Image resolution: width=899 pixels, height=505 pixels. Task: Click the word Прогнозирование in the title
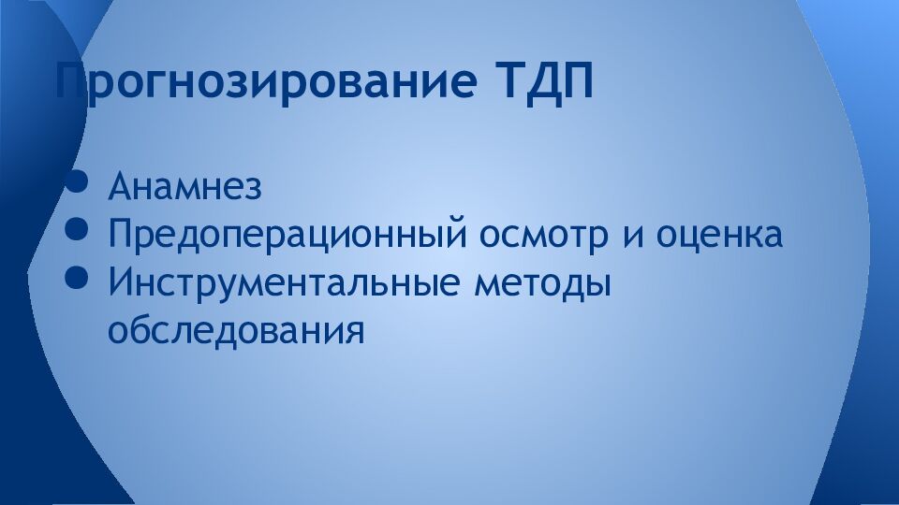click(x=265, y=83)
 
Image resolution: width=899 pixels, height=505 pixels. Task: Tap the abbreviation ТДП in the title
click(x=541, y=81)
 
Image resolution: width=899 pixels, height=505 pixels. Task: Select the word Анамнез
click(x=184, y=186)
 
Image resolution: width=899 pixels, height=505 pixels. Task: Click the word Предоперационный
click(x=287, y=235)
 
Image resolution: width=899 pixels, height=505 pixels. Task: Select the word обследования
click(x=235, y=330)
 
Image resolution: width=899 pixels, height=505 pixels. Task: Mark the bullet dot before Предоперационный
click(x=79, y=229)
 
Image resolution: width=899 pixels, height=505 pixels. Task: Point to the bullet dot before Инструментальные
click(x=79, y=278)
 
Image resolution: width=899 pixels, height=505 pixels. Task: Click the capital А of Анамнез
click(x=119, y=186)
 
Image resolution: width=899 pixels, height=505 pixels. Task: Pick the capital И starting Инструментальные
click(x=119, y=282)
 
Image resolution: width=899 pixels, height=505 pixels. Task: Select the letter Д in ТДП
click(x=540, y=83)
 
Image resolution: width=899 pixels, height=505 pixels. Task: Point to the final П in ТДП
click(x=578, y=82)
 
